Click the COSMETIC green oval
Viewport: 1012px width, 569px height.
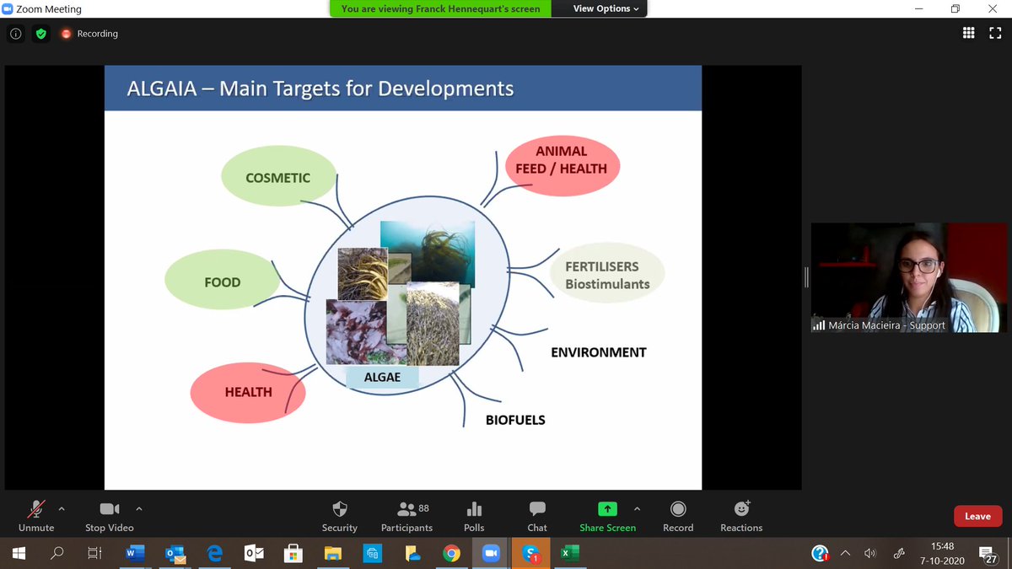pyautogui.click(x=277, y=178)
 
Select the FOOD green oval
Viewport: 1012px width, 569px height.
pyautogui.click(x=222, y=282)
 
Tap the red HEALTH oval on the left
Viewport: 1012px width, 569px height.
pyautogui.click(x=248, y=392)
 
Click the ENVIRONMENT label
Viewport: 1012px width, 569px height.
pyautogui.click(x=598, y=352)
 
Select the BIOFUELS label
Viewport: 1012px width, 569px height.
pyautogui.click(x=515, y=420)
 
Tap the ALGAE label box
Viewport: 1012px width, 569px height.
pyautogui.click(x=382, y=377)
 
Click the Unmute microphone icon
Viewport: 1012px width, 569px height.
pyautogui.click(x=35, y=509)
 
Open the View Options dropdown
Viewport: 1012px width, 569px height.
pyautogui.click(x=606, y=8)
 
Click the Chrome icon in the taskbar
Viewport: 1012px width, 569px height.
pyautogui.click(x=451, y=554)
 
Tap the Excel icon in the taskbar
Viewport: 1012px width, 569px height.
pyautogui.click(x=569, y=554)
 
